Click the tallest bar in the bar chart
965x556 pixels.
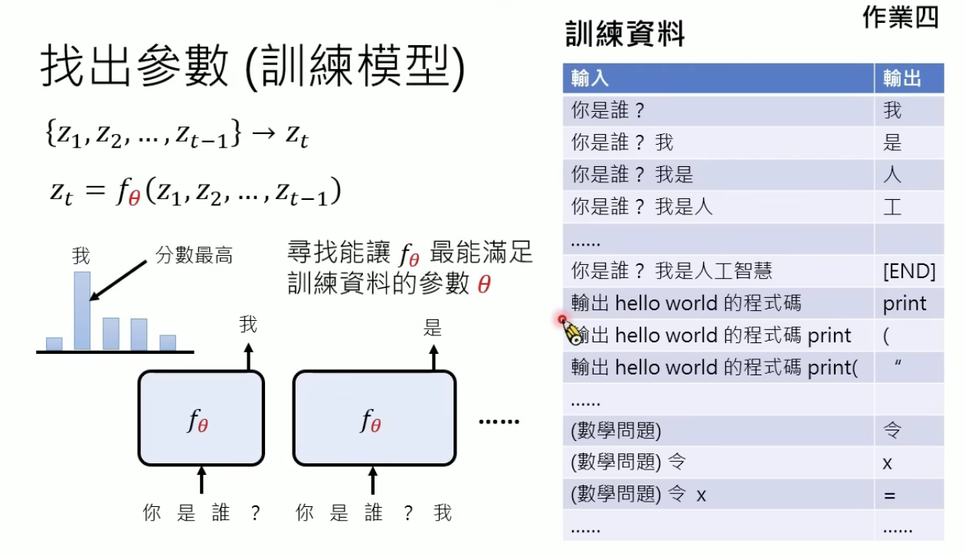click(82, 310)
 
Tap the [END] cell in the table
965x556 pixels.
click(909, 270)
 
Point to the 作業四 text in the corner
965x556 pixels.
click(900, 18)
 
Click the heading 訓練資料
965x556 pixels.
click(625, 34)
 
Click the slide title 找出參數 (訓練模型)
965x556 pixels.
click(252, 68)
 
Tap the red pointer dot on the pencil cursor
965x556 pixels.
click(562, 319)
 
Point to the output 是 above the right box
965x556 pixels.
click(433, 329)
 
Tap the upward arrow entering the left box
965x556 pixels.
click(201, 480)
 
